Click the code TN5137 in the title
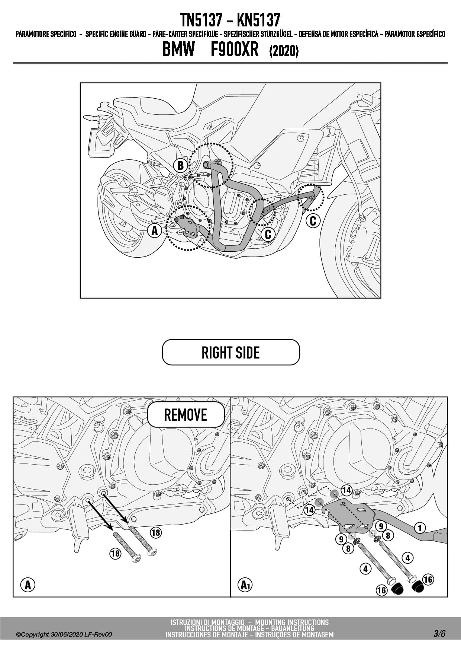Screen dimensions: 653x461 click(201, 20)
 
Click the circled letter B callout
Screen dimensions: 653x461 click(181, 165)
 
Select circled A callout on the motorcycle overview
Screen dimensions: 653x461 click(155, 231)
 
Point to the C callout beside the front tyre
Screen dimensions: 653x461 click(313, 221)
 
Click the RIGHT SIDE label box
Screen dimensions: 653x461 click(230, 352)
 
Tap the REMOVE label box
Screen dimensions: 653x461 click(186, 415)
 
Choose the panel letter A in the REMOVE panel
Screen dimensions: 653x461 click(28, 585)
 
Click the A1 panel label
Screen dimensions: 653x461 click(245, 585)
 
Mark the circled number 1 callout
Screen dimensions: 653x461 click(420, 528)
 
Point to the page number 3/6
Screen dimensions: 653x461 click(439, 634)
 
